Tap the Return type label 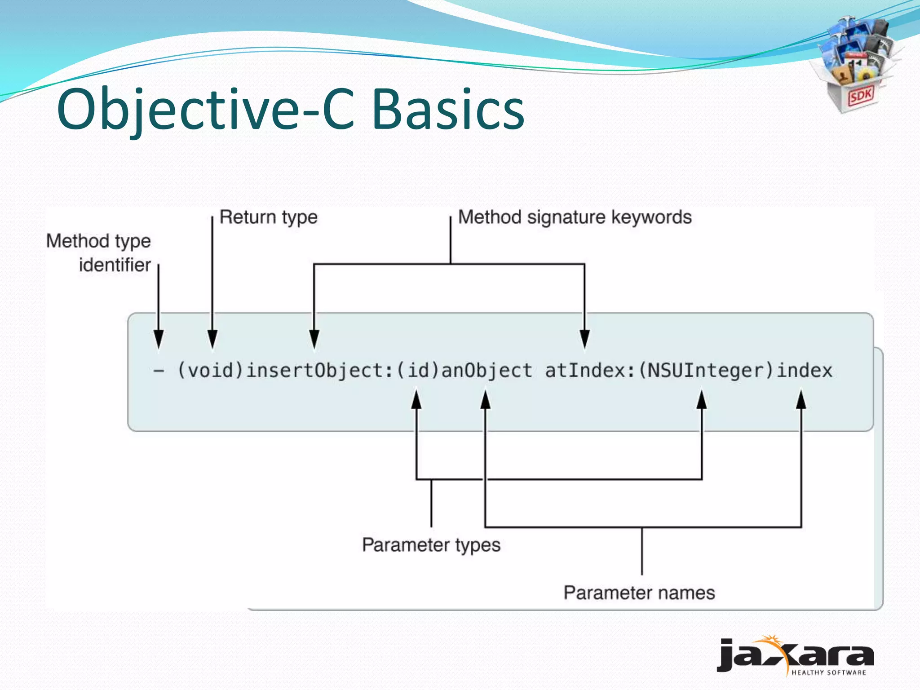point(269,217)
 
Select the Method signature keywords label point(575,217)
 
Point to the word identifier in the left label point(115,265)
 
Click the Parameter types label point(431,545)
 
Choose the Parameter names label point(639,593)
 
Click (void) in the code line point(210,371)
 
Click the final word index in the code point(805,371)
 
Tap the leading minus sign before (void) point(158,371)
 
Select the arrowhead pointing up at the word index point(801,400)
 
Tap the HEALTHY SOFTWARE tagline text point(828,672)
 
